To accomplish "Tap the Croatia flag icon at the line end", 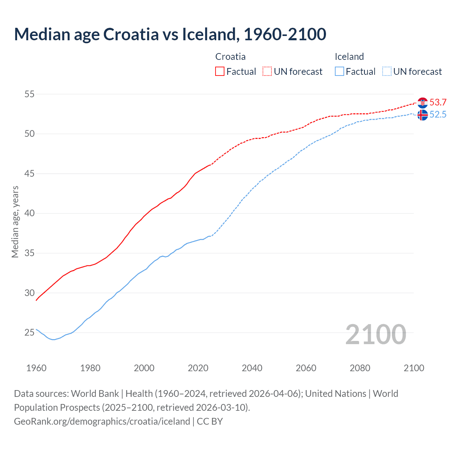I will tap(423, 103).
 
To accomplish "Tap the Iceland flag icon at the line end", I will tap(423, 115).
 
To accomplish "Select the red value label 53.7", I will tap(438, 103).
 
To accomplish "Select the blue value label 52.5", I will tap(438, 115).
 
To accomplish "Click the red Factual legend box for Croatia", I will tap(220, 72).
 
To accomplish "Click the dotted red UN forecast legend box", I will tap(267, 72).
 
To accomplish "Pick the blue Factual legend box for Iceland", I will tap(340, 72).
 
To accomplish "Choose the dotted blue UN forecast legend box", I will tap(387, 72).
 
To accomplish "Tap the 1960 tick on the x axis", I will tap(36, 368).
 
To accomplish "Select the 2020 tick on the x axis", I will tap(198, 368).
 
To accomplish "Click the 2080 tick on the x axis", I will tap(360, 368).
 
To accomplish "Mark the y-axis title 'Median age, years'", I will tap(15, 222).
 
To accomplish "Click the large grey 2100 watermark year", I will tap(376, 334).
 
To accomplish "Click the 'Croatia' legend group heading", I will tap(230, 57).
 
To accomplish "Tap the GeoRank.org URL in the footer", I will tap(102, 421).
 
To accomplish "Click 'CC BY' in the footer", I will tap(210, 421).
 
